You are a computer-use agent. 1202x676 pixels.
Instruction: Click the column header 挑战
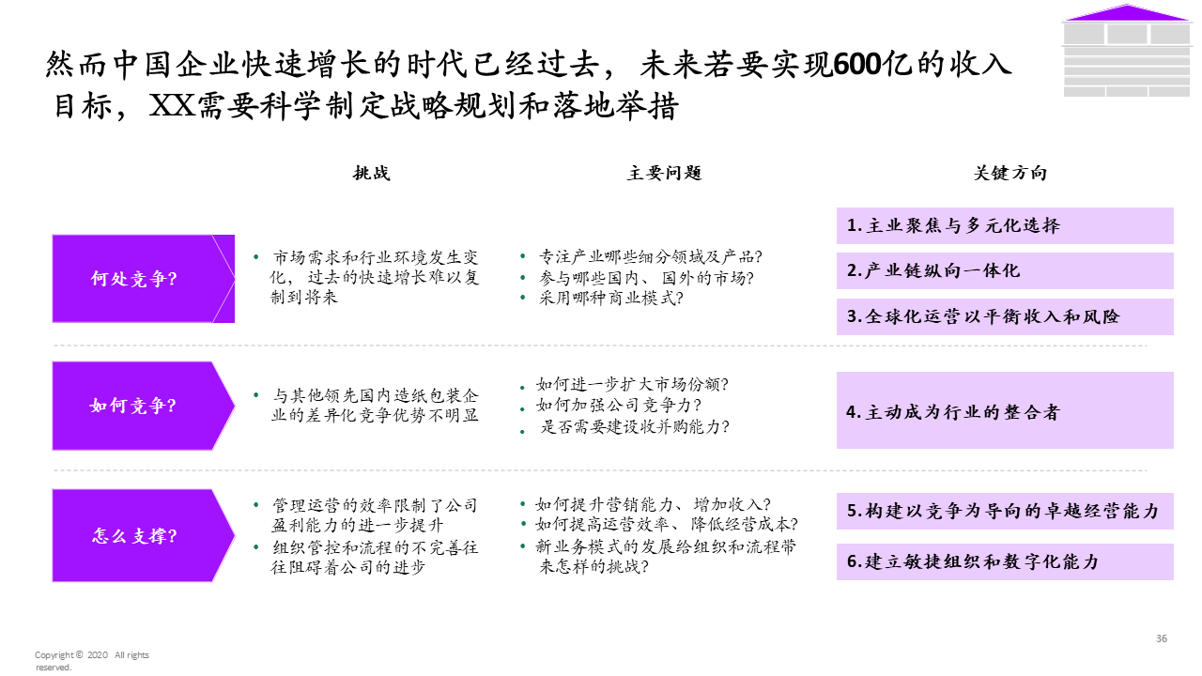tap(371, 174)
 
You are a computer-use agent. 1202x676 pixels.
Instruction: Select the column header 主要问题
tap(664, 174)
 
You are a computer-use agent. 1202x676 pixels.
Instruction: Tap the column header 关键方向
tap(1009, 174)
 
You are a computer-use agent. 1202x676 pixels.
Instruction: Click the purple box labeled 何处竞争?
tap(141, 279)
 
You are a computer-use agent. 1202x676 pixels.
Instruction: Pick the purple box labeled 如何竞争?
tap(141, 407)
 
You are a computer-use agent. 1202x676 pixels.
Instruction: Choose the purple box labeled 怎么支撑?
tap(141, 536)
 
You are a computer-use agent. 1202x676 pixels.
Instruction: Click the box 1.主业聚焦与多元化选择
tap(1005, 225)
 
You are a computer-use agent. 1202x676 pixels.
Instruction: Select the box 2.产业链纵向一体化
tap(1005, 270)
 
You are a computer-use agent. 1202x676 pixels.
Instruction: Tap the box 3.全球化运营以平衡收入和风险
tap(1005, 316)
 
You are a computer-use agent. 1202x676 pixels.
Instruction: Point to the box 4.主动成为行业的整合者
tap(1005, 410)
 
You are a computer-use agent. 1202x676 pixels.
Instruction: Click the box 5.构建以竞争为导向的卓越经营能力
tap(1005, 511)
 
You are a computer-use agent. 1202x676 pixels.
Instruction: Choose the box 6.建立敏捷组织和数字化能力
tap(1005, 561)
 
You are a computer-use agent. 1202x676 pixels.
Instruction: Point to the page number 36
tap(1162, 638)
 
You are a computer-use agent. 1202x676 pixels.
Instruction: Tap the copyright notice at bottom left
tap(91, 661)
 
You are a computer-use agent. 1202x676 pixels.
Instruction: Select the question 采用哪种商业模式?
tap(610, 299)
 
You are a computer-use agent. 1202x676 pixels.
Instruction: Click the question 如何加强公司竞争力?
tap(619, 406)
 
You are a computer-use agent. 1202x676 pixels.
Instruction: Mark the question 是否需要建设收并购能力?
tap(634, 426)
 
